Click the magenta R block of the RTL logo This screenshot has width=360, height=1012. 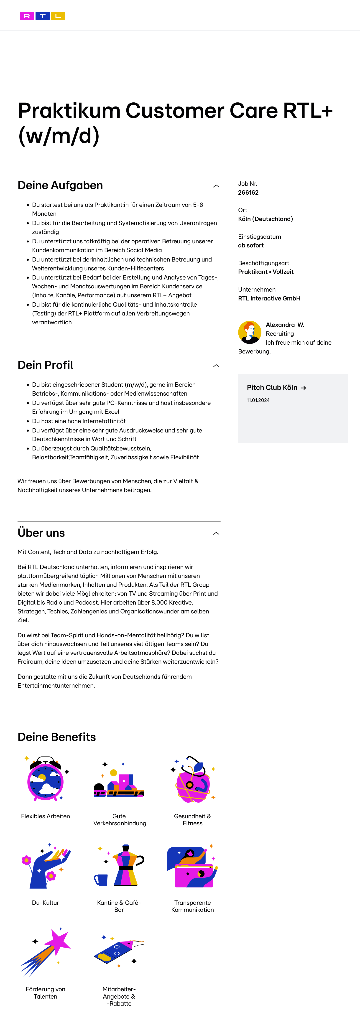[x=27, y=16]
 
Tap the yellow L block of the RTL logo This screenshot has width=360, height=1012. [x=58, y=16]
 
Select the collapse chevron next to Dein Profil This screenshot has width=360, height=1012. [x=216, y=366]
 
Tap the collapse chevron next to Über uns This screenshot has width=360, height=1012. [x=216, y=534]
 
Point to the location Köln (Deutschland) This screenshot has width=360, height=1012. [x=265, y=219]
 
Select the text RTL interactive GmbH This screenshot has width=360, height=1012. [x=269, y=298]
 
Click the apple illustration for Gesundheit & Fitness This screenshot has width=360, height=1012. [x=193, y=780]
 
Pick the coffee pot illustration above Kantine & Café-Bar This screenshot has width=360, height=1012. [x=125, y=865]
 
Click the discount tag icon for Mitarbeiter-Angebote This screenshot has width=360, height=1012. [x=118, y=951]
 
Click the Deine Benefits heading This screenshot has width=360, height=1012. [x=57, y=737]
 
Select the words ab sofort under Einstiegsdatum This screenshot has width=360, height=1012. [x=251, y=245]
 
